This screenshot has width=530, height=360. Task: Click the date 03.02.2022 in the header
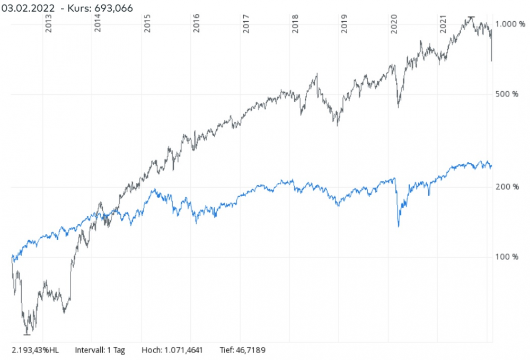[28, 8]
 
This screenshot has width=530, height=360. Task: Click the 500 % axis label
[507, 94]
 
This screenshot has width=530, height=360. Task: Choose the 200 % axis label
[507, 187]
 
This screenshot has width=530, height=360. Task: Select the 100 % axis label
[507, 257]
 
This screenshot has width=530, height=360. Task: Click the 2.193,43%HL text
[35, 350]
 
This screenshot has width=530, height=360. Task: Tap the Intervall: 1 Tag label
[100, 350]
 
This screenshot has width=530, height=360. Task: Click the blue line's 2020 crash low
[399, 226]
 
